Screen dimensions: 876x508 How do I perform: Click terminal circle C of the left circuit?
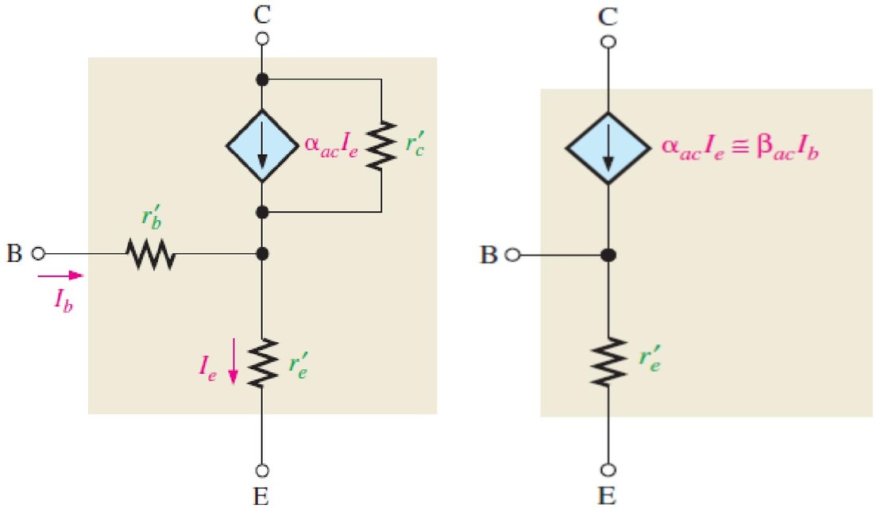click(x=262, y=39)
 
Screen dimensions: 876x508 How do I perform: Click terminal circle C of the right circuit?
click(x=608, y=42)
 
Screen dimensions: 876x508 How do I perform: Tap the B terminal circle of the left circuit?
click(x=38, y=254)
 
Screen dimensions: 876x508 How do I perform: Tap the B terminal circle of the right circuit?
click(x=512, y=255)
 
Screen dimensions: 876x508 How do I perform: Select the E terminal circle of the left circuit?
click(x=262, y=471)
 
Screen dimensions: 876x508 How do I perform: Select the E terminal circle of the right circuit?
click(x=608, y=469)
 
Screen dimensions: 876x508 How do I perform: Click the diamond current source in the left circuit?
click(x=262, y=146)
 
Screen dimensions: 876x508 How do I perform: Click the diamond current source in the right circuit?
click(x=608, y=148)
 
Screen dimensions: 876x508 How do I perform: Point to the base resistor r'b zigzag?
click(x=151, y=254)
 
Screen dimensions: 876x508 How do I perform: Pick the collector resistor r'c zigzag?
click(x=381, y=146)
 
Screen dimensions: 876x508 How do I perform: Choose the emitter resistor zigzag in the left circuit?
click(x=262, y=362)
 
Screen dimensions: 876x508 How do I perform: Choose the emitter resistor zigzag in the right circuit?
click(x=608, y=361)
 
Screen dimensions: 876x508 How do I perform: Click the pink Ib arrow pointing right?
click(x=60, y=275)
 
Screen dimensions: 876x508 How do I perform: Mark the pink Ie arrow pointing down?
click(x=233, y=361)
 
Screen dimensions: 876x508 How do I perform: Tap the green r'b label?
click(x=152, y=218)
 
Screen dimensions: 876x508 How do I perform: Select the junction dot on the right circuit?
click(x=608, y=255)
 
